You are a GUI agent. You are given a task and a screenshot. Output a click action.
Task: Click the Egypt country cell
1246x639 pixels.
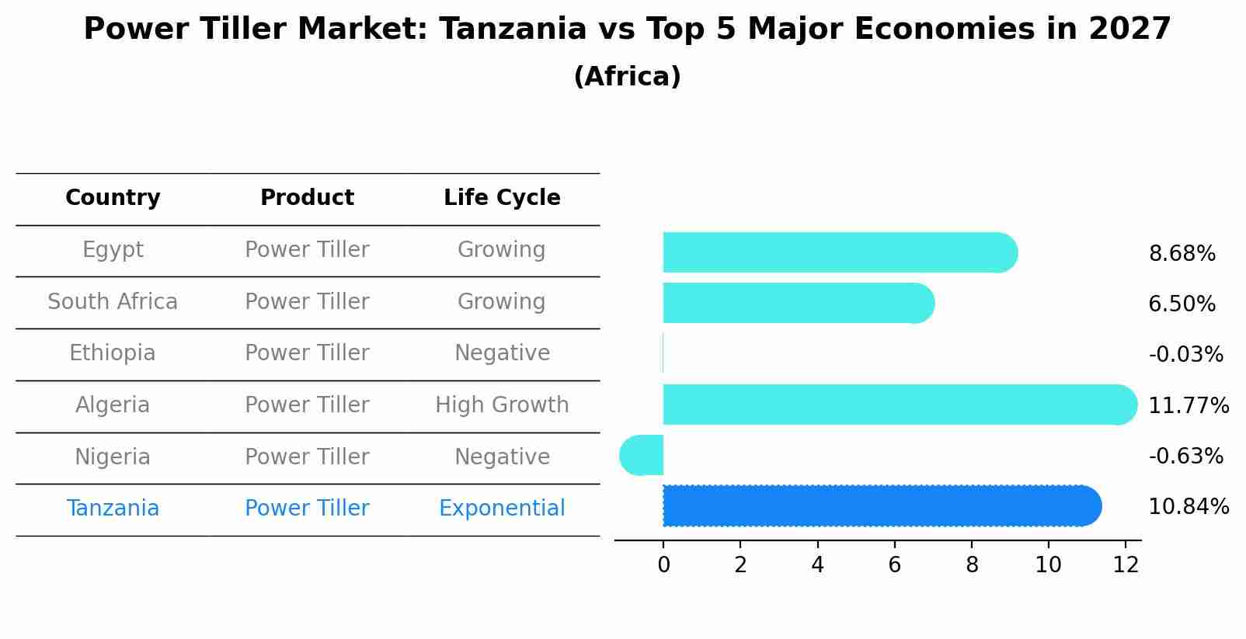pos(113,250)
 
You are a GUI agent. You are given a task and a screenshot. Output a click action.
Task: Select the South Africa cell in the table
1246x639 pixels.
pos(113,302)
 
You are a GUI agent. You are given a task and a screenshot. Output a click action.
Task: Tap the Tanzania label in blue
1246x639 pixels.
pos(113,509)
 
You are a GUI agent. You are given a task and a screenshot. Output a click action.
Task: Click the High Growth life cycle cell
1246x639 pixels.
pos(502,405)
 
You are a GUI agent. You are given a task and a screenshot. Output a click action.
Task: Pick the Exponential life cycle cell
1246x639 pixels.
pos(502,509)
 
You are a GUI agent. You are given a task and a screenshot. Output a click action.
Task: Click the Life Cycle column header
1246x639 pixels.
pos(502,198)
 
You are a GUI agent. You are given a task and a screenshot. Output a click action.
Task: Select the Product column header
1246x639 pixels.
pos(307,198)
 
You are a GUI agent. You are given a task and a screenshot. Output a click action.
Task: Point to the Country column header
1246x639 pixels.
pos(113,198)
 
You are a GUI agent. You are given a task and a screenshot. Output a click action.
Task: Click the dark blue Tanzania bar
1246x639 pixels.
pos(878,506)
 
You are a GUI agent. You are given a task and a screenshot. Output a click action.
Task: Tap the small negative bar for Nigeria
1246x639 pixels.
pos(642,456)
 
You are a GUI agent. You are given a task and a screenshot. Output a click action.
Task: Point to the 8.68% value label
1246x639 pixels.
pos(1182,254)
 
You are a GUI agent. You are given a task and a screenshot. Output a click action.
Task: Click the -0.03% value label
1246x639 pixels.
pos(1185,355)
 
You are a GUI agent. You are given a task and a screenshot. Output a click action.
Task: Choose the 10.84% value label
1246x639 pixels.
pos(1189,507)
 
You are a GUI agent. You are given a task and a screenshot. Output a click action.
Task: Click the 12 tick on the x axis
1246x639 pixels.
pos(1126,565)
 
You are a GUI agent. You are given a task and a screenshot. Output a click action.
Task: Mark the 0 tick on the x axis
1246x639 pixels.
pos(663,565)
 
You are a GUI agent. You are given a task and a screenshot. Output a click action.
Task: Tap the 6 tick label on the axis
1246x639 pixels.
pos(894,565)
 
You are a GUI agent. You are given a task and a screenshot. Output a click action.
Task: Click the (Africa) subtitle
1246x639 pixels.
pos(627,77)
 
